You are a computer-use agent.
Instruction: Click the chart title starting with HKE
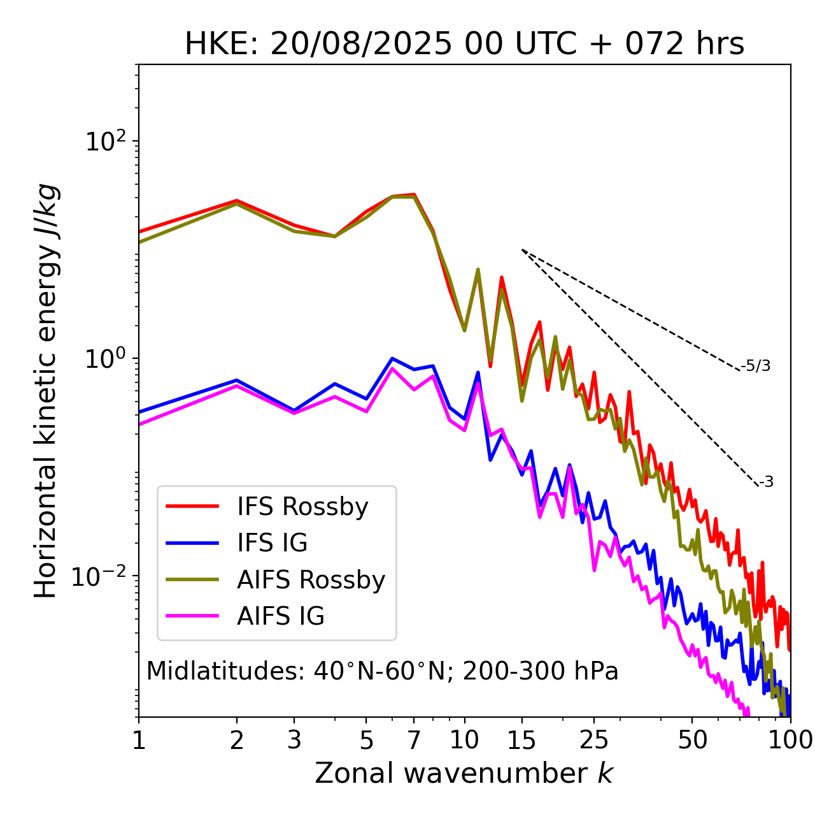(x=464, y=45)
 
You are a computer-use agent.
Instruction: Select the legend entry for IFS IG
(x=272, y=543)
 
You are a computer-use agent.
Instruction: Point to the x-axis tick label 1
(x=139, y=740)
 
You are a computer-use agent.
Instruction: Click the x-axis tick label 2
(x=237, y=740)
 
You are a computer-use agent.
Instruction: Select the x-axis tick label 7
(x=414, y=740)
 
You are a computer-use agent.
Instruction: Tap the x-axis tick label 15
(x=521, y=740)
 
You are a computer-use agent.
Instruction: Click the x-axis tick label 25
(x=594, y=740)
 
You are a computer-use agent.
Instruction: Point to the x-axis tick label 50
(x=692, y=740)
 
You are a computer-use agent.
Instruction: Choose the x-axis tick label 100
(x=790, y=740)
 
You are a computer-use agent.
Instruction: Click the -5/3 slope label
(x=756, y=366)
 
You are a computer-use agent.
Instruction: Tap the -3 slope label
(x=766, y=483)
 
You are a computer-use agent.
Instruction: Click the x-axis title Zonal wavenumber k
(x=464, y=773)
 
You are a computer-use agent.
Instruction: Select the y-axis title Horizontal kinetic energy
(x=46, y=391)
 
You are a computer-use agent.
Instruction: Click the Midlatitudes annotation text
(x=382, y=671)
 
